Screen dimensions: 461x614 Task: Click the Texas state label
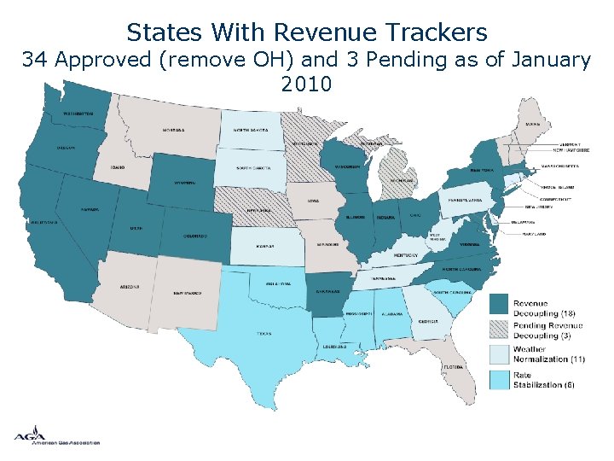coord(265,334)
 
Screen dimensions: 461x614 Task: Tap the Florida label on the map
coord(453,367)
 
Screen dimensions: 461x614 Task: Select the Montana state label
coord(173,131)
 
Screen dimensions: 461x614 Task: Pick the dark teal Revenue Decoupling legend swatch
coord(500,304)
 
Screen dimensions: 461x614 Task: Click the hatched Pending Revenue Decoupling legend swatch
coord(500,329)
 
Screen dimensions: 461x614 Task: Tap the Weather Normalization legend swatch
coord(500,353)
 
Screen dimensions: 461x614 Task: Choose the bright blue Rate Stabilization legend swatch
coord(500,378)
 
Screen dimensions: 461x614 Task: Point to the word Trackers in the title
coord(435,32)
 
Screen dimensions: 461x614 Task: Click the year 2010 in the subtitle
coord(306,85)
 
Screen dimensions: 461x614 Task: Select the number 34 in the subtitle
coord(35,60)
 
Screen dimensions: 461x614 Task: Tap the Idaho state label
coord(118,167)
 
